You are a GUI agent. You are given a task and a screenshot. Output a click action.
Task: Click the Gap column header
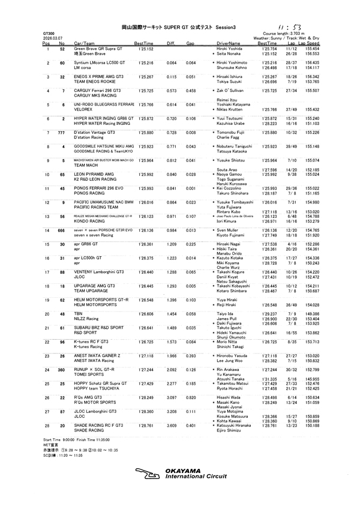pyautogui.click(x=190, y=44)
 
